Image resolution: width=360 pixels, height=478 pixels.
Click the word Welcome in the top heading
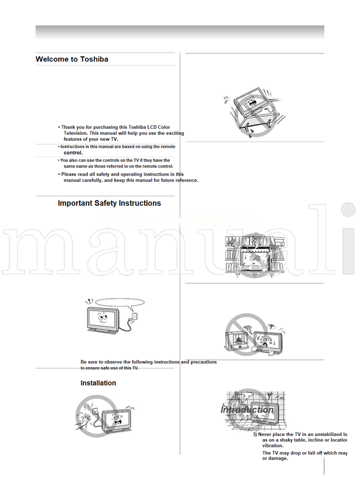[52, 59]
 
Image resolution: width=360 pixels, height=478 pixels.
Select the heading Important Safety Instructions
[109, 203]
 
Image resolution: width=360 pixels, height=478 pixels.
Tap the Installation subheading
[98, 383]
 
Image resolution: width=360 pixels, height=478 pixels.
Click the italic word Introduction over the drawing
[248, 410]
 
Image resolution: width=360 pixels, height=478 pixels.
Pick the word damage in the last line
[278, 458]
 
